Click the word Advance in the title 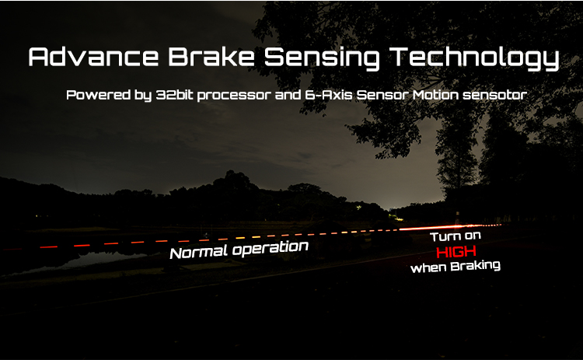(x=93, y=57)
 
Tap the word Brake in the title (x=211, y=57)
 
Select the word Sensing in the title (x=322, y=58)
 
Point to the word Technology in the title (x=475, y=58)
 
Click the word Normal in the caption (x=199, y=252)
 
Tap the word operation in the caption (x=271, y=248)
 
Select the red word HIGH (x=456, y=252)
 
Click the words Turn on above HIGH (x=456, y=236)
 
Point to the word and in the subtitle (x=288, y=95)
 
